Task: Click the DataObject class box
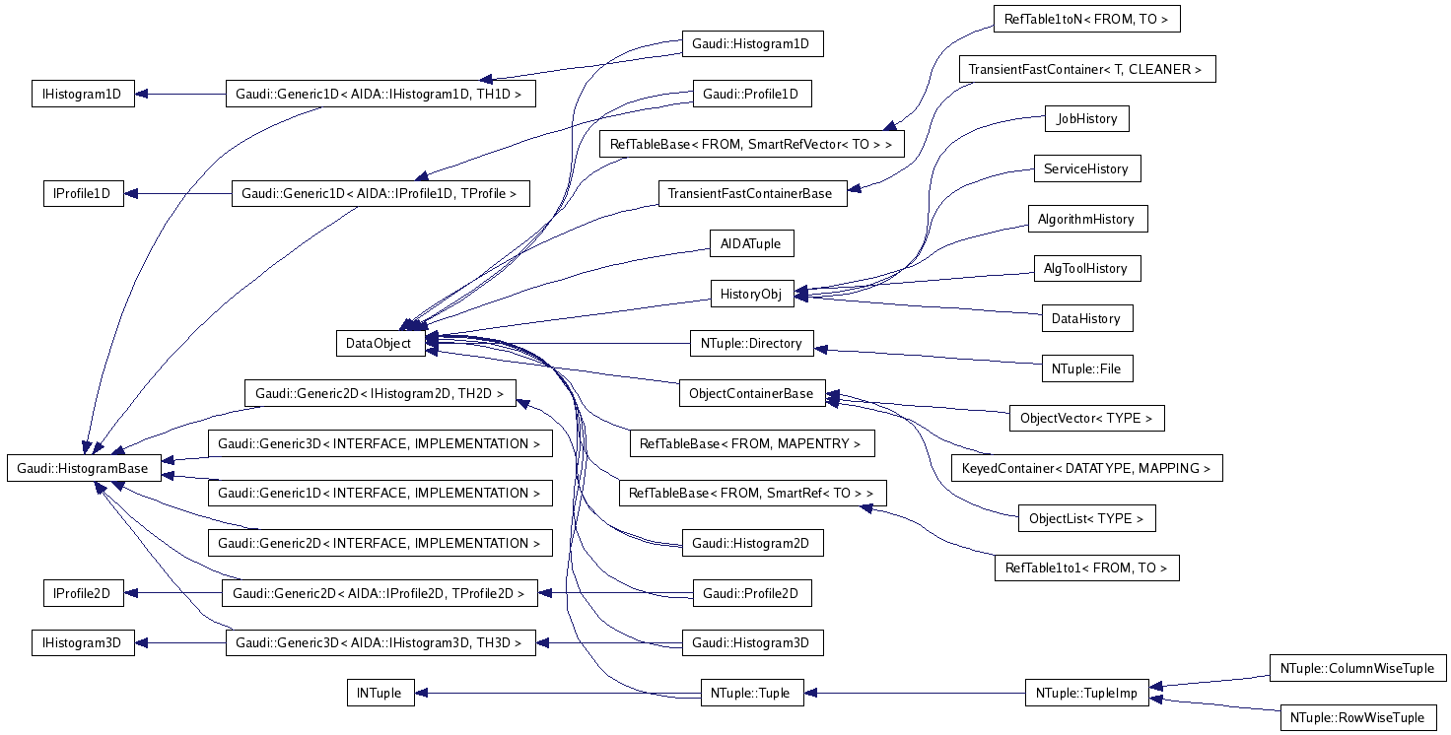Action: point(380,343)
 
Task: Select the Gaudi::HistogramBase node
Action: point(83,468)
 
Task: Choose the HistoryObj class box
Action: point(751,293)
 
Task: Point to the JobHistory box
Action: point(1086,118)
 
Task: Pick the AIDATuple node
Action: point(751,242)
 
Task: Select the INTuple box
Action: point(380,693)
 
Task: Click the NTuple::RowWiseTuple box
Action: point(1357,717)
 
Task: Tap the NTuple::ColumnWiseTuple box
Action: point(1356,668)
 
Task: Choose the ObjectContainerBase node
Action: point(751,393)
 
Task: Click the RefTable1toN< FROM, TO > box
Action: point(1086,19)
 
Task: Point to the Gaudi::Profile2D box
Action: point(751,593)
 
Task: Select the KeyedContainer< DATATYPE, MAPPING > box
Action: point(1086,468)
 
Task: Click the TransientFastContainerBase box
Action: point(751,193)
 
